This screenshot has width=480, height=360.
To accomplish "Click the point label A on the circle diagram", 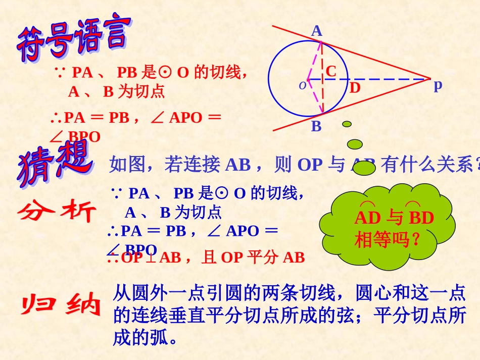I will point(316,31).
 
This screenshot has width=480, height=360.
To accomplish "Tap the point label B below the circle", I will point(316,126).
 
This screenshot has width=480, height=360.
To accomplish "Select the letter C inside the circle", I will point(330,71).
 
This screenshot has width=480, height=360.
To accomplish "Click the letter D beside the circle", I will point(355,88).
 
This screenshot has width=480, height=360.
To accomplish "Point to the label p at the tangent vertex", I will point(438,85).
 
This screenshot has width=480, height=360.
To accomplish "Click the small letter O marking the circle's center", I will point(302,85).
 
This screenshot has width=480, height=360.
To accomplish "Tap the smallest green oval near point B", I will point(347,124).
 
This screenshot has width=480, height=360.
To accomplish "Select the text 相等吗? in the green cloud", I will point(388,239).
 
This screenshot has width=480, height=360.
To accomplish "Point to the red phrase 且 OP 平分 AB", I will point(253,258).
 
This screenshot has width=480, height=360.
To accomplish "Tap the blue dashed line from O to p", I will point(389,79).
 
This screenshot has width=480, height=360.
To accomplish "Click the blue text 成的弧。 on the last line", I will point(146,337).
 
